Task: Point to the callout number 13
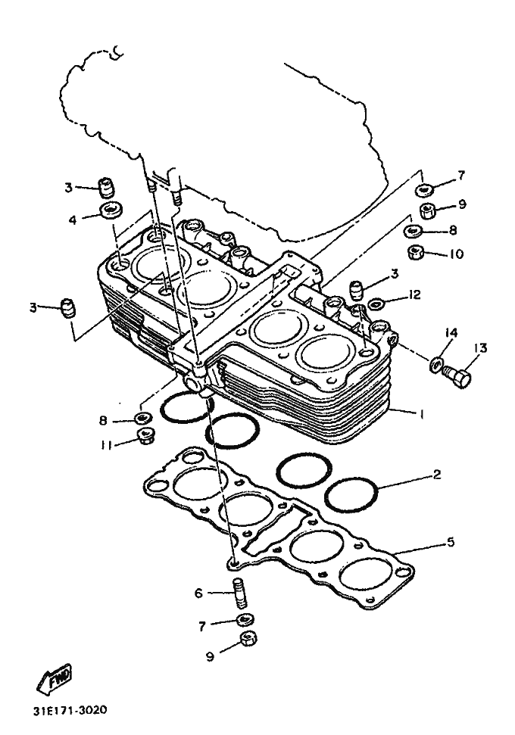[481, 348]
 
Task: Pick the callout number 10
[455, 254]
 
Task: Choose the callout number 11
[106, 445]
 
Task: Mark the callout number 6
[198, 593]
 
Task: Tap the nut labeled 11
[144, 434]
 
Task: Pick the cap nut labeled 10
[414, 252]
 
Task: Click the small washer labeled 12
[376, 304]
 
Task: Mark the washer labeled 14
[436, 364]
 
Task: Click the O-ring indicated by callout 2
[351, 494]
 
